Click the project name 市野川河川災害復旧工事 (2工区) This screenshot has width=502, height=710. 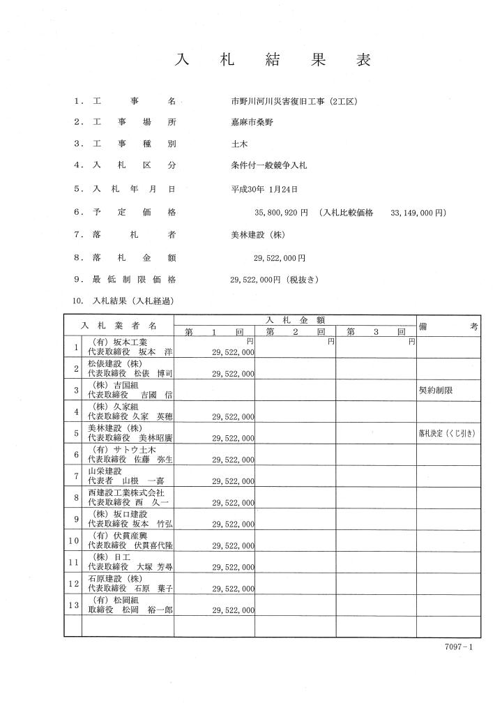(294, 101)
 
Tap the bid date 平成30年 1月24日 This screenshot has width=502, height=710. (264, 189)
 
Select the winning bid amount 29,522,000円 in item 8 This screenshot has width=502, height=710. (279, 258)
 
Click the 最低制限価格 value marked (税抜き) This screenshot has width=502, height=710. (273, 280)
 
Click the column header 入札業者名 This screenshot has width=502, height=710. (119, 326)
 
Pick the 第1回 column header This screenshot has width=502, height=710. (214, 332)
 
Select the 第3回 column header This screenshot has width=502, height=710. (376, 332)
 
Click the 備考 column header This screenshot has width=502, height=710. (448, 326)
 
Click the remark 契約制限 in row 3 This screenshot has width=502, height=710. (435, 391)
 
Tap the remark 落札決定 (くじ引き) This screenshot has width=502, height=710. (446, 433)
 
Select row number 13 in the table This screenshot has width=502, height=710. (73, 605)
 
